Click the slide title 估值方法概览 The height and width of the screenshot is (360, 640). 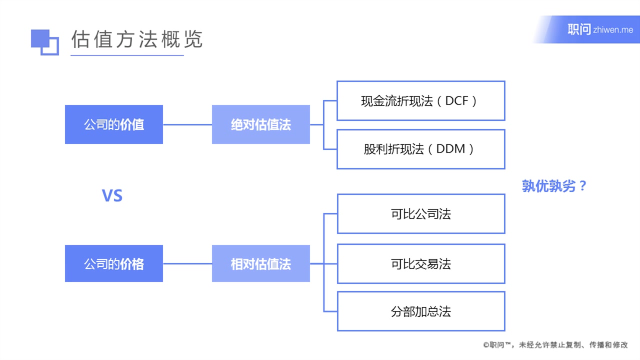point(136,39)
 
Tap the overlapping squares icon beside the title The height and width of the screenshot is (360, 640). point(44,41)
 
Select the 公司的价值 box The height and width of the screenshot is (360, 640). point(114,124)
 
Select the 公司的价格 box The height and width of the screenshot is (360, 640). point(114,263)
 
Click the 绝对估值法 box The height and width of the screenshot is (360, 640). point(260,124)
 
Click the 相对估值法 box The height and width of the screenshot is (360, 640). point(260,263)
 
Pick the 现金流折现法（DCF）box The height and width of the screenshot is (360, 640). point(420,101)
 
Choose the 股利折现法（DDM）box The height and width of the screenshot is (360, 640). point(420,149)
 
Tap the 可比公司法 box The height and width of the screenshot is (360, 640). point(420,214)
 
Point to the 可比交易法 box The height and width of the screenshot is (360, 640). point(420,263)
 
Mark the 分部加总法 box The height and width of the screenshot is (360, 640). point(420,311)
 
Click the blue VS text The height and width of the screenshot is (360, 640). point(112,195)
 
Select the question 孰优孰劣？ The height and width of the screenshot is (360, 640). point(554,186)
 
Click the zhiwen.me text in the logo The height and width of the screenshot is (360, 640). point(613,30)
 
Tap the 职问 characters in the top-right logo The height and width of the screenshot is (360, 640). point(579,29)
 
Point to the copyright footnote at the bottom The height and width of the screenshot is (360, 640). point(555,345)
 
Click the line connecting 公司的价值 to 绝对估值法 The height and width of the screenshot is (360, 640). point(187,124)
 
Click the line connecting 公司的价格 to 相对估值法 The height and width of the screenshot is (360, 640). point(187,263)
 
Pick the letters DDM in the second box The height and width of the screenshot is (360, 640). point(451,149)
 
